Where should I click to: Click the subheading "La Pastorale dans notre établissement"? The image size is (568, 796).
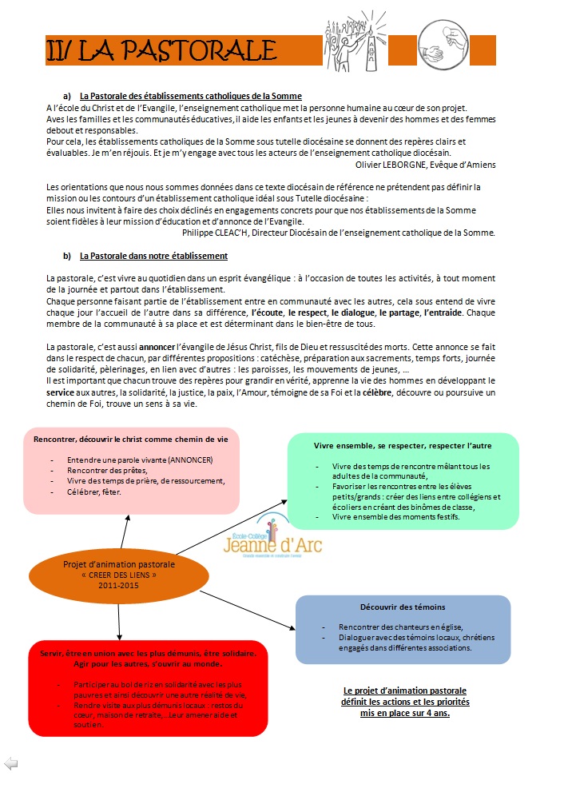[153, 256]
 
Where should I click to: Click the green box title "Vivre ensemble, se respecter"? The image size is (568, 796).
[403, 444]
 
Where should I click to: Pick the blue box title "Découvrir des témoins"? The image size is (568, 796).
[403, 607]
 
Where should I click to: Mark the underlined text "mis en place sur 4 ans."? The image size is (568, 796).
[405, 712]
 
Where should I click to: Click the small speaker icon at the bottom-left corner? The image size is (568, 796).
[10, 763]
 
